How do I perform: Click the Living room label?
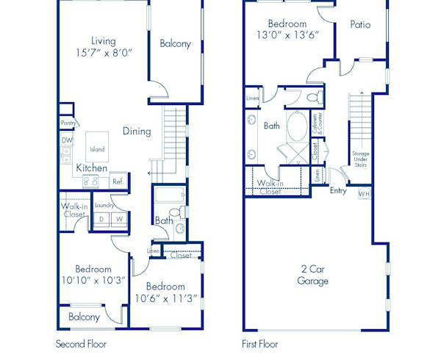tap(103, 40)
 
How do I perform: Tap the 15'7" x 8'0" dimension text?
tap(103, 54)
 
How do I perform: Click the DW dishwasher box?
tap(66, 140)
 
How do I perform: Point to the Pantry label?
tap(69, 124)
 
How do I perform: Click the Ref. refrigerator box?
tap(118, 181)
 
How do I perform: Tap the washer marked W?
tap(119, 219)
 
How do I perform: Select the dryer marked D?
tap(101, 219)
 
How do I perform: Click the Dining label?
tap(137, 132)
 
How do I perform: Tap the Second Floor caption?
tap(81, 343)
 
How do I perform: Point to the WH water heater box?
tap(365, 194)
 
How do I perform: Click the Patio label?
tap(360, 25)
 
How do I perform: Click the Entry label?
tap(338, 191)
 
